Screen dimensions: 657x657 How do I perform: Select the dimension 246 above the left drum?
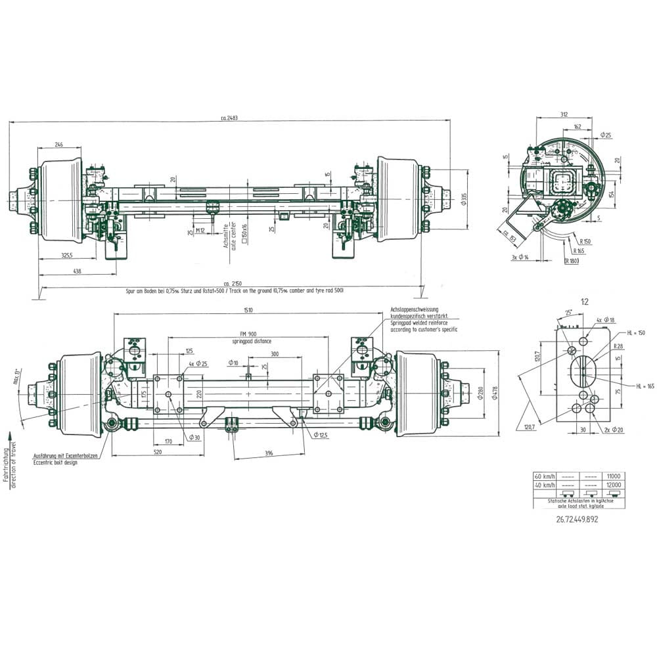59,145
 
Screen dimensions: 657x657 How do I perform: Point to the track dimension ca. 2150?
230,283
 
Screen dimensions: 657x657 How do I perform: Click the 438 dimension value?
77,271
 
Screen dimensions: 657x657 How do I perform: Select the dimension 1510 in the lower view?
248,310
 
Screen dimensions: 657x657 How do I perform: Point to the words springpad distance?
251,342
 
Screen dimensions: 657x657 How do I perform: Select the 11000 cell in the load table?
614,476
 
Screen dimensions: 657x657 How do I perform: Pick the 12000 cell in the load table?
614,484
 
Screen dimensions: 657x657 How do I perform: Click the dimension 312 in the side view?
564,114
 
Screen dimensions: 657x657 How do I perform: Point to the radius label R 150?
585,241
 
